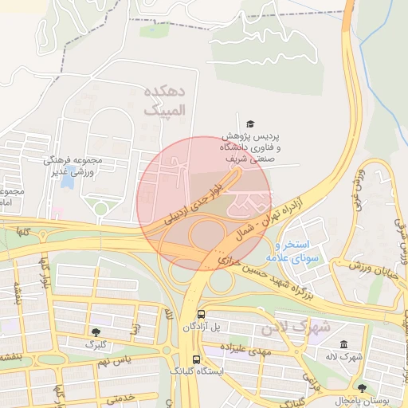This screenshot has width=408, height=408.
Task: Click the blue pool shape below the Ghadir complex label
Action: click(x=69, y=181)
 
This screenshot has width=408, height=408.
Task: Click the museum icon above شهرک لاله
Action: click(x=343, y=344)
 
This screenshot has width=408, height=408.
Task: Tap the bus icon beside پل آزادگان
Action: click(x=201, y=314)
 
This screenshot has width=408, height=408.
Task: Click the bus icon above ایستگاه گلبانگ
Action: click(x=197, y=359)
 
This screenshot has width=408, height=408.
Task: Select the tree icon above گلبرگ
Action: click(x=96, y=331)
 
